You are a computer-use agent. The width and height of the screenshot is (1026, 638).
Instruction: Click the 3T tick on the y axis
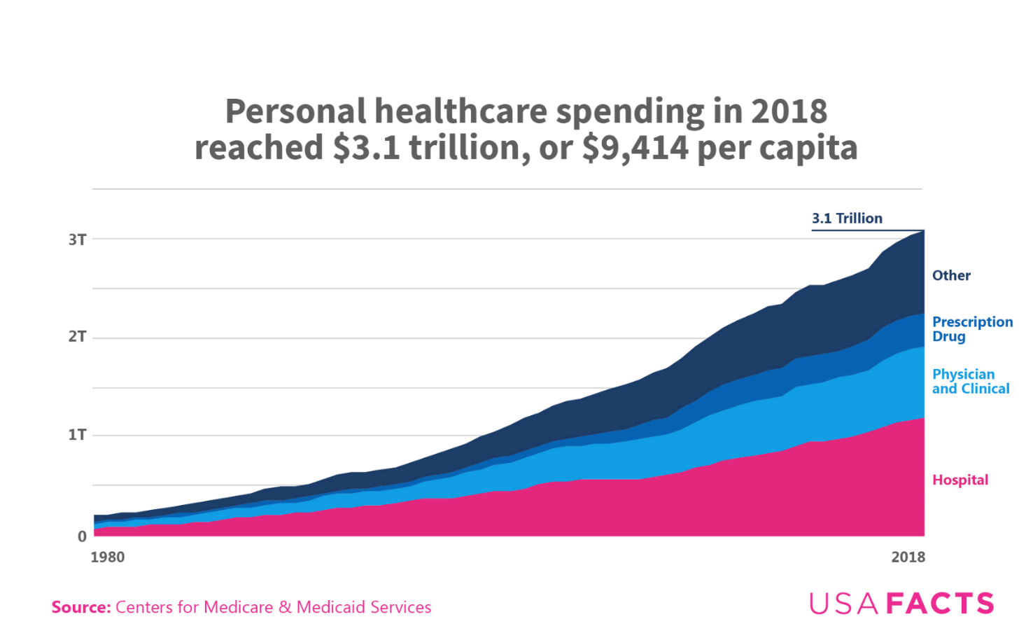coord(78,240)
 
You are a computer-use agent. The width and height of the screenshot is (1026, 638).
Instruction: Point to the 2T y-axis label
coord(78,337)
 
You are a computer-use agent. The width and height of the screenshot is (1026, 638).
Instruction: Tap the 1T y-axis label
coord(78,435)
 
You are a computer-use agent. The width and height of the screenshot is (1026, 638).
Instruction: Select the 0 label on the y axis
coord(82,536)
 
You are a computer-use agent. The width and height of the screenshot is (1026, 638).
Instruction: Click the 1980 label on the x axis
coord(108,557)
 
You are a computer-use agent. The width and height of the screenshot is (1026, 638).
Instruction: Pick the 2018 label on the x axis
coord(908,557)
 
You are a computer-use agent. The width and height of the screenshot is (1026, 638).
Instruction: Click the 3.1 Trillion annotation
coord(847,219)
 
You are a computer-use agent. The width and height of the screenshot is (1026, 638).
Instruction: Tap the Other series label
coord(951,276)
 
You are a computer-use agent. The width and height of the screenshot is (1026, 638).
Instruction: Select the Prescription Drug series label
coord(972,329)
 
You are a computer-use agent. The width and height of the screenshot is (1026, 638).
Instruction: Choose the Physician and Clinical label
coord(971,382)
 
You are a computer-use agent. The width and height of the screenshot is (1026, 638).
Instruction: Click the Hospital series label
coord(960,480)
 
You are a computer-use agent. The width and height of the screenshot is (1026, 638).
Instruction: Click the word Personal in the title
coord(295,112)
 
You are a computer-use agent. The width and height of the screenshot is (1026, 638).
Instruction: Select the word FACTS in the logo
coord(940,604)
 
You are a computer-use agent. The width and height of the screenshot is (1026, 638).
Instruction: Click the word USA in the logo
coord(844,604)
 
